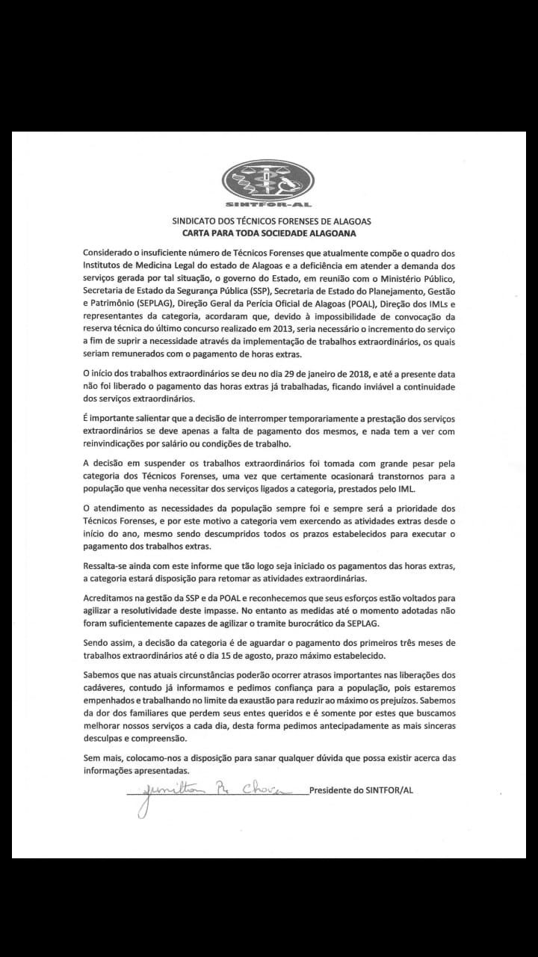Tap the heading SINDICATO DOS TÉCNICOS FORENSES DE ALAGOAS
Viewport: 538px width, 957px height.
tap(271, 222)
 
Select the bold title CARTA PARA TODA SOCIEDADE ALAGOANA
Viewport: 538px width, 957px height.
tap(271, 233)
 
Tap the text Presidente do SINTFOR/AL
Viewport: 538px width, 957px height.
tap(360, 791)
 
